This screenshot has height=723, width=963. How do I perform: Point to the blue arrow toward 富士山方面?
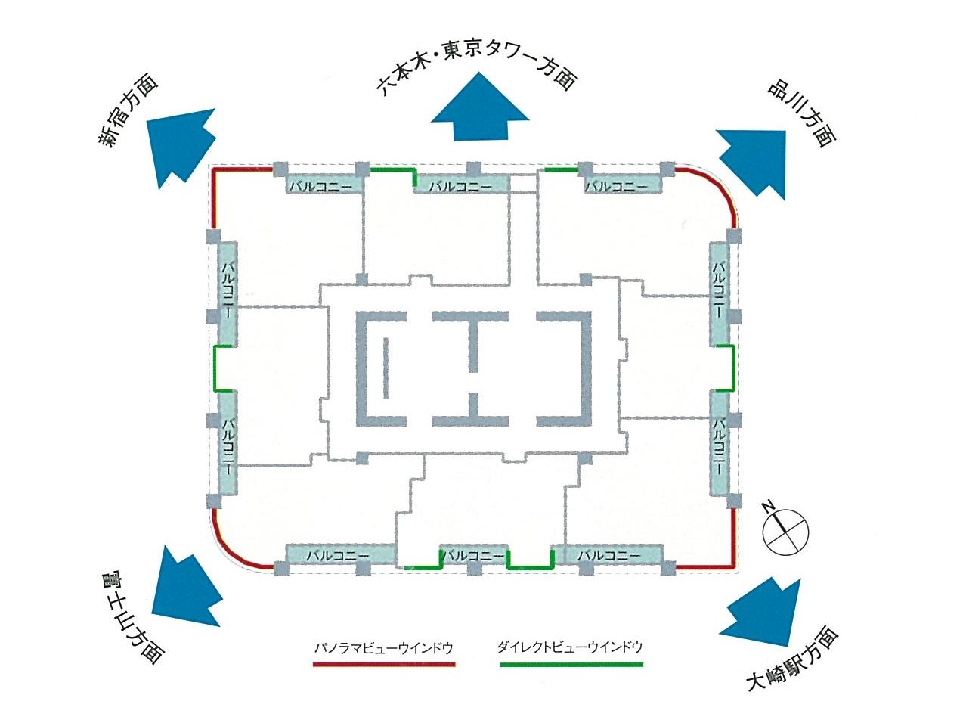187,588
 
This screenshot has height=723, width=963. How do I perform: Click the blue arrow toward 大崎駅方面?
757,613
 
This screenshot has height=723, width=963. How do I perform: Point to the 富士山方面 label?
132,616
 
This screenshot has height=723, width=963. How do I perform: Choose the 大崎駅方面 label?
793,659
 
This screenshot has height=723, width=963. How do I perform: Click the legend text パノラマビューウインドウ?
384,648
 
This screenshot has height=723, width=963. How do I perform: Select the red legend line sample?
384,665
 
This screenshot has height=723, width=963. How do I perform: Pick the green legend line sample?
571,665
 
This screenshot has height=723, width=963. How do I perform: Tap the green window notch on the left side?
215,368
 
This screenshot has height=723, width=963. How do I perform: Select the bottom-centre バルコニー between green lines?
473,556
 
